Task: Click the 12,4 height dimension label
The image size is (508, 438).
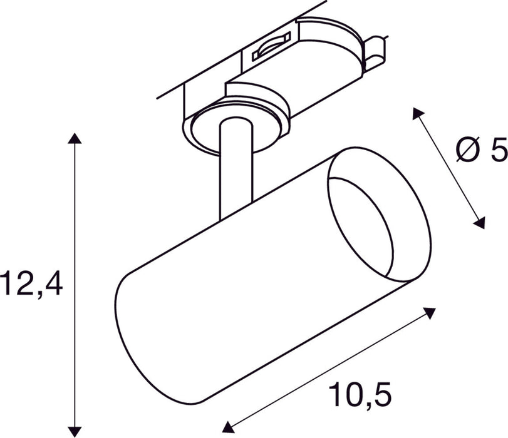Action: pos(31,285)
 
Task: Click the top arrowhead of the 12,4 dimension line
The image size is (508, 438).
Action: pos(75,139)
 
